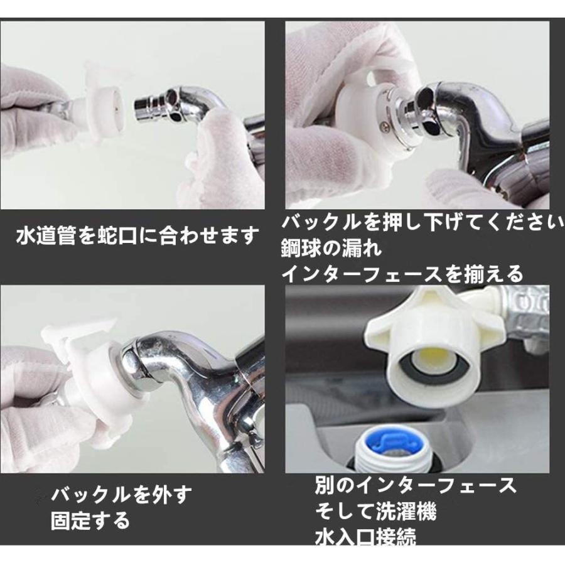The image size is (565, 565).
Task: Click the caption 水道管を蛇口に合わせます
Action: point(137,237)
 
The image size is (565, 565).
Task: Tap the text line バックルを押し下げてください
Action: point(421,223)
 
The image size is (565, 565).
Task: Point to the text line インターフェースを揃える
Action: point(402,273)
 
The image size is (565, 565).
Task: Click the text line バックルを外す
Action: point(121,495)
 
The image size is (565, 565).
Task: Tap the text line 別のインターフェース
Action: point(416,485)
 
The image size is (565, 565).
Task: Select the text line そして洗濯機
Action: point(375,511)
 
